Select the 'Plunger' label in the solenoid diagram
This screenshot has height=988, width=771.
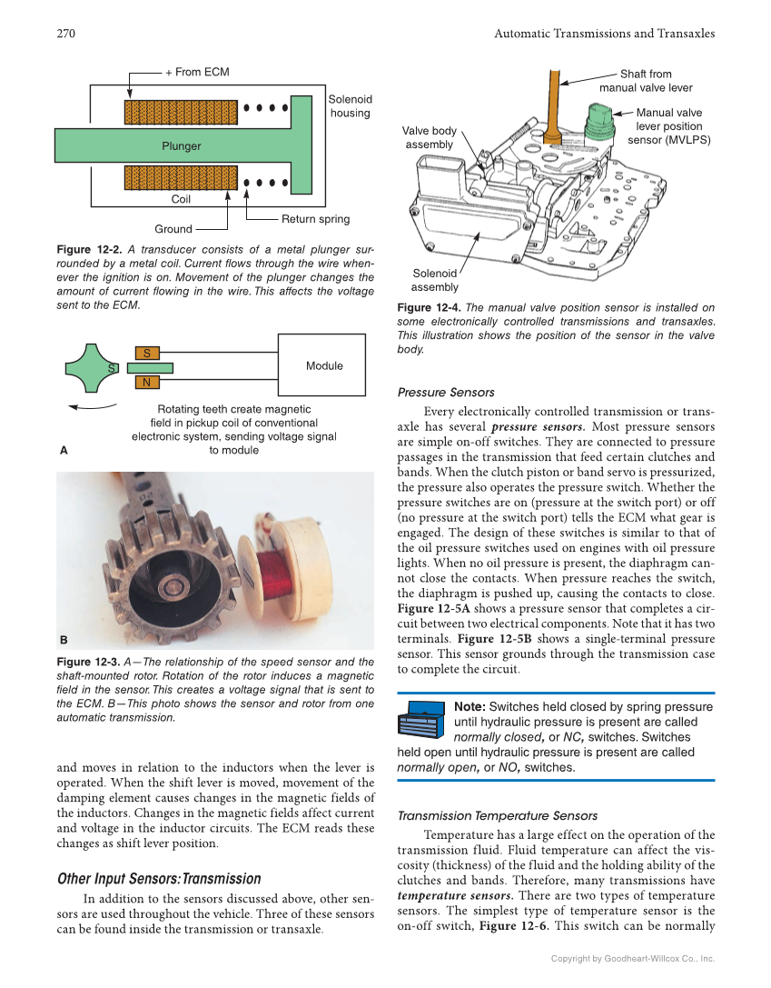pyautogui.click(x=182, y=145)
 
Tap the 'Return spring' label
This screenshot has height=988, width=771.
pyautogui.click(x=315, y=219)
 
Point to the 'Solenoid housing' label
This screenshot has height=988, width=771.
pyautogui.click(x=350, y=106)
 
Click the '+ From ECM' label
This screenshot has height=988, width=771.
pyautogui.click(x=197, y=72)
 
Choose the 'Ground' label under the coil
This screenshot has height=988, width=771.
pyautogui.click(x=173, y=229)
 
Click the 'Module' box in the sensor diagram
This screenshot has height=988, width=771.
pyautogui.click(x=324, y=365)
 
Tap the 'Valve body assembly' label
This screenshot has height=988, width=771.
pyautogui.click(x=430, y=138)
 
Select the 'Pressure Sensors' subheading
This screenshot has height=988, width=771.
pyautogui.click(x=446, y=393)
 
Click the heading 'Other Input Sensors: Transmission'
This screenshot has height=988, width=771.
pyautogui.click(x=159, y=879)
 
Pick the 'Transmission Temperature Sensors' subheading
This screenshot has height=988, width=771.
pyautogui.click(x=498, y=815)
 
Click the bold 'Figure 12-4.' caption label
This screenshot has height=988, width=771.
pyautogui.click(x=429, y=308)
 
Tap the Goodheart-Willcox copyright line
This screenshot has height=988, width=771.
pyautogui.click(x=633, y=958)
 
